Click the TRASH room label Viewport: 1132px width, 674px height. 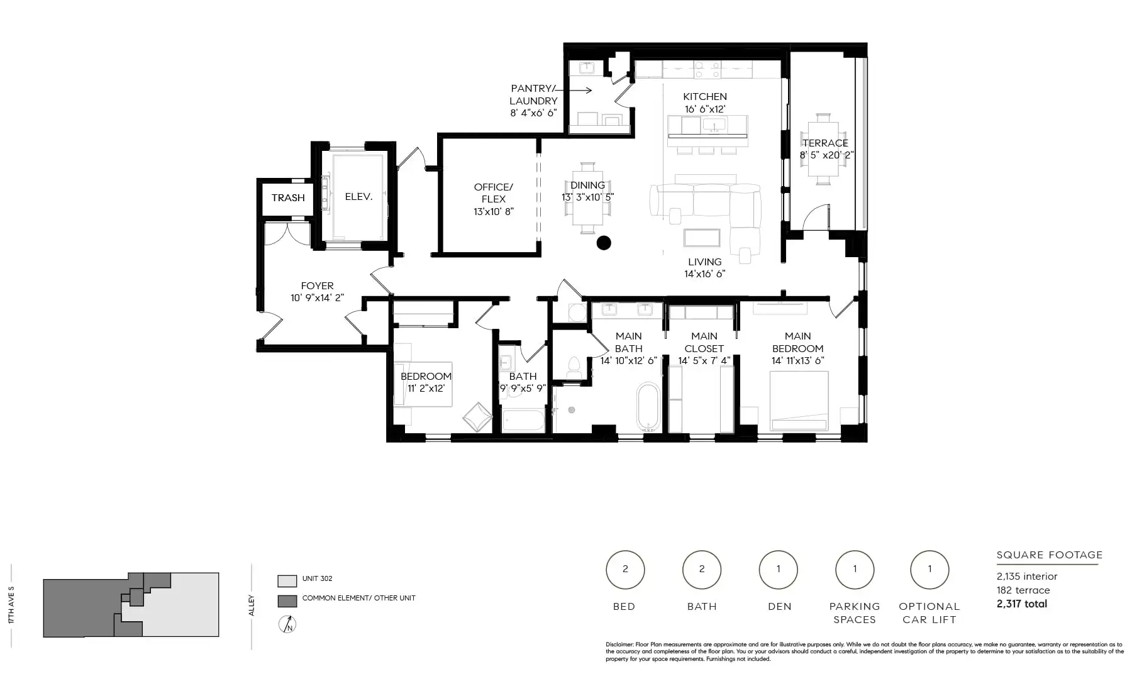point(288,197)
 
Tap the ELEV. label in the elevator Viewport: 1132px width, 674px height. point(359,196)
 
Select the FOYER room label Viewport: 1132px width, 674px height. point(317,285)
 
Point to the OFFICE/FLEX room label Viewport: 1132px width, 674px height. point(494,193)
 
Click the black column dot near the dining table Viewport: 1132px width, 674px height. point(604,243)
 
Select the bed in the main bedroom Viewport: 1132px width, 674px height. point(799,401)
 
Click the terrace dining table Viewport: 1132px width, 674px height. point(823,149)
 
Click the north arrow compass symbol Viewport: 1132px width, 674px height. point(288,624)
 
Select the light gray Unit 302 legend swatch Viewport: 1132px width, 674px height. point(287,580)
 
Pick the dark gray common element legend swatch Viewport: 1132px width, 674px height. point(287,600)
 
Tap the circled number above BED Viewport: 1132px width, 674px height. point(625,569)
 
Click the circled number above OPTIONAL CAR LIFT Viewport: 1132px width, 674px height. point(929,569)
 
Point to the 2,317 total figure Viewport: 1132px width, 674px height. point(1022,604)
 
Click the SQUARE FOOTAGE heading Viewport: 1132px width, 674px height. point(1050,555)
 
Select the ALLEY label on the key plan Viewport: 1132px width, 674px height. point(252,605)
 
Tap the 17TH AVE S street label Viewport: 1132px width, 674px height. point(11,605)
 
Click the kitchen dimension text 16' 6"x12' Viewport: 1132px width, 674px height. point(705,109)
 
